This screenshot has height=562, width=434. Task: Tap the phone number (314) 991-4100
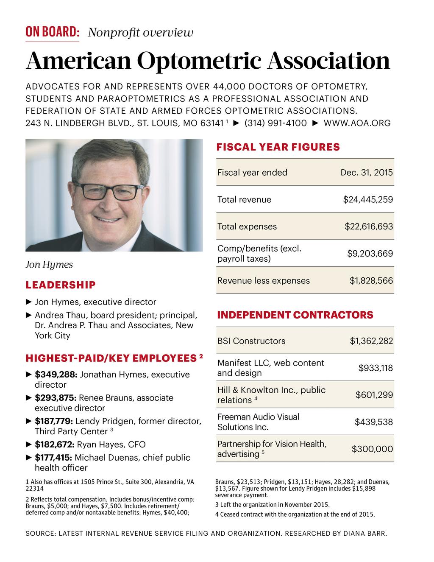275,123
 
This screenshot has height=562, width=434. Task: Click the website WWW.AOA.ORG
357,123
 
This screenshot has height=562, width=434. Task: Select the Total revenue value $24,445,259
367,199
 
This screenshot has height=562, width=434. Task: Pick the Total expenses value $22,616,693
368,226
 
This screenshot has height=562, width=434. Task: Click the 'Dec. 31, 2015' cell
366,173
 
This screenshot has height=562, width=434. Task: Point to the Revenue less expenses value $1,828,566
371,280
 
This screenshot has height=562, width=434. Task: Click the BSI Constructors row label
251,341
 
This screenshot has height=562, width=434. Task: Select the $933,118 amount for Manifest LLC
376,368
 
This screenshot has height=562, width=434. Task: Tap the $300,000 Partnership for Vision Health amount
372,449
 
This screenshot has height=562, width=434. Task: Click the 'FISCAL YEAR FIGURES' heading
278,147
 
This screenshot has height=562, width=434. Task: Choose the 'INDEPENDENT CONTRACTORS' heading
295,315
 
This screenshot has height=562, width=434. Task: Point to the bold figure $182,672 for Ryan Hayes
55,445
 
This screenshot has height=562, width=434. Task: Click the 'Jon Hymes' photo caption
49,265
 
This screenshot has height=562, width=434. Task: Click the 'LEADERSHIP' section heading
61,285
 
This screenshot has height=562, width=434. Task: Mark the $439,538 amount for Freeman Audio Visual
373,422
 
